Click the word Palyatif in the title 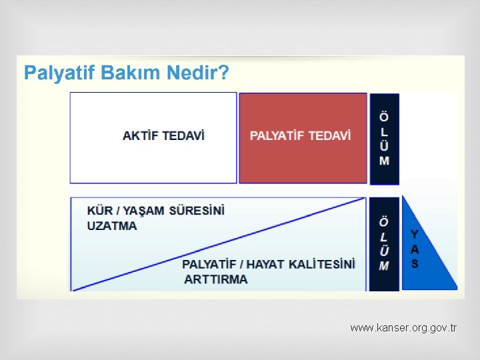(x=60, y=73)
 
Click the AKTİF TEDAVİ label (x=164, y=135)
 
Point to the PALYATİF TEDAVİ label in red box (x=300, y=135)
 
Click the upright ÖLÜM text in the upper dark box (x=385, y=138)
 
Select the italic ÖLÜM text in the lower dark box (x=385, y=243)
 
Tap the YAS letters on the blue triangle (x=415, y=249)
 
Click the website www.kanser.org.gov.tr (x=403, y=328)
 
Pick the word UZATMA (x=112, y=225)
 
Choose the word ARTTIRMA (x=215, y=279)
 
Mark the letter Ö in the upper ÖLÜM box (x=385, y=117)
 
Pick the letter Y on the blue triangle (x=415, y=235)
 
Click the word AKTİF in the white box (x=140, y=135)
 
